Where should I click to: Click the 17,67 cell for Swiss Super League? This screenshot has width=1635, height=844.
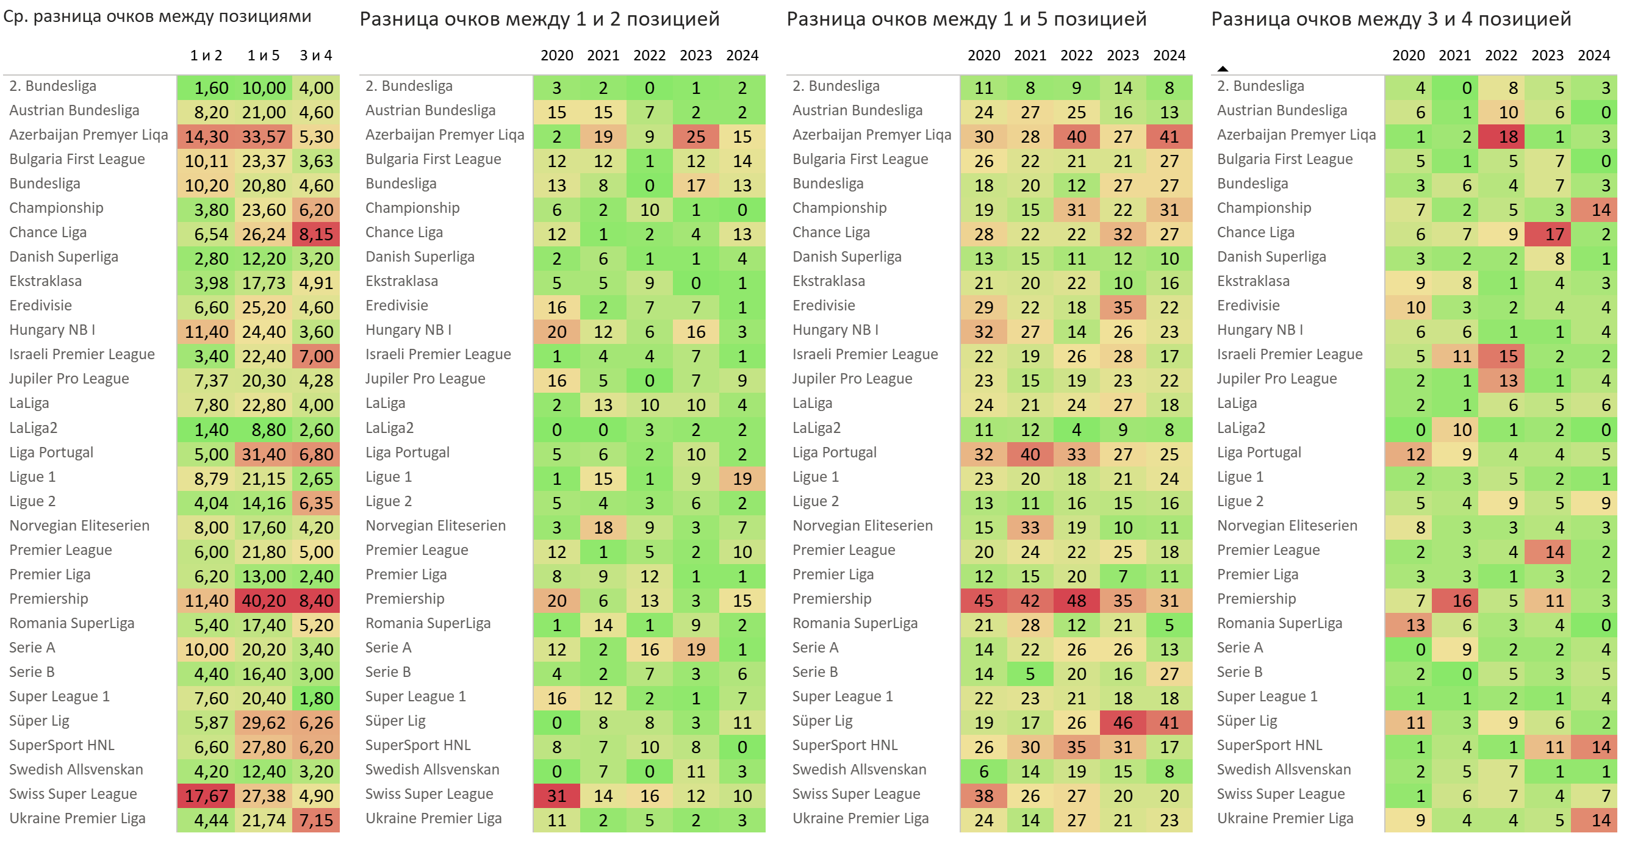coord(206,796)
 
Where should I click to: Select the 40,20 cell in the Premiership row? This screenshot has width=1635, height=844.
coord(264,600)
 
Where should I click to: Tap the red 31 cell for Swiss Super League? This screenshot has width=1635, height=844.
coord(556,796)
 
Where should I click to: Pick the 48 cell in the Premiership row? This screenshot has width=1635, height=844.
coord(1076,600)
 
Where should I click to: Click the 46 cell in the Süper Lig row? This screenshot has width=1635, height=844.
coord(1122,723)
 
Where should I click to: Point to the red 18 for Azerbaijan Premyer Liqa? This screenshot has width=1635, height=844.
coord(1507,137)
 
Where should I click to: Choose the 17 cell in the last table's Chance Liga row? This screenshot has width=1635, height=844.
coord(1554,234)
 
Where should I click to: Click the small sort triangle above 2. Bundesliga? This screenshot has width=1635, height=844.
coord(1223,68)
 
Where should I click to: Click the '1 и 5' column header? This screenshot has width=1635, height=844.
coord(264,56)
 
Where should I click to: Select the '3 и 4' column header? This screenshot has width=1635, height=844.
coord(315,56)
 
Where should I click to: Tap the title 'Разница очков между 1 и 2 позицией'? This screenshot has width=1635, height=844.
coord(539,19)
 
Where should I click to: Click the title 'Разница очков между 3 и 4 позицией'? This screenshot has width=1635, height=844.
coord(1390,19)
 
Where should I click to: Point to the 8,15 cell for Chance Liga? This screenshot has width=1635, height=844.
coord(315,234)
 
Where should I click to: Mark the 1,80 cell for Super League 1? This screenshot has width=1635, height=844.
coord(315,698)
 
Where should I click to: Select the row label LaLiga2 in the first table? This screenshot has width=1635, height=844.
coord(33,428)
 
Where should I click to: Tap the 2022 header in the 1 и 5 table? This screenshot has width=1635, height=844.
coord(1076,56)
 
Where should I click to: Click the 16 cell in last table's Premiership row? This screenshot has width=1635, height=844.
coord(1461,600)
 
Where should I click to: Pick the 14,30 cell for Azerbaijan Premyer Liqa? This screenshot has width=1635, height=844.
coord(206,137)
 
